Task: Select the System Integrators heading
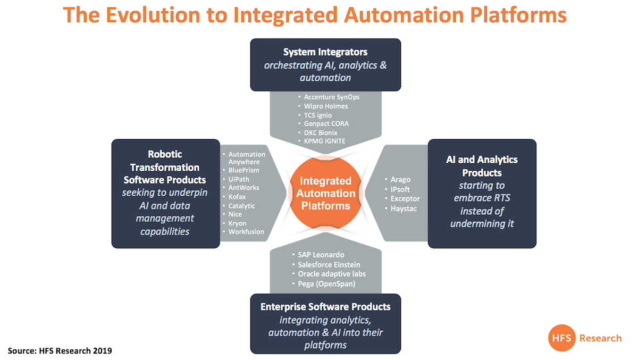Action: pyautogui.click(x=325, y=52)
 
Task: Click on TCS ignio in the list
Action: pyautogui.click(x=318, y=115)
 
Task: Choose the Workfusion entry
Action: pyautogui.click(x=246, y=231)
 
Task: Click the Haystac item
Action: pyautogui.click(x=404, y=209)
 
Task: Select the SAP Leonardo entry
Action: pyautogui.click(x=321, y=255)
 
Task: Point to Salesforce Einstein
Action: pyautogui.click(x=329, y=264)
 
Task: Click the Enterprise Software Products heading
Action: pyautogui.click(x=325, y=307)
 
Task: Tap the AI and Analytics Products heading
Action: pyautogui.click(x=482, y=166)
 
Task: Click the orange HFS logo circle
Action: pyautogui.click(x=561, y=338)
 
